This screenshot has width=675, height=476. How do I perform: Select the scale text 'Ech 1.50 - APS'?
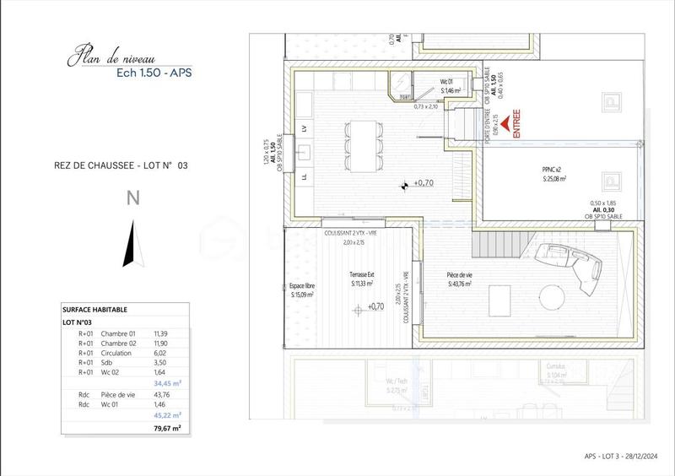click(x=154, y=73)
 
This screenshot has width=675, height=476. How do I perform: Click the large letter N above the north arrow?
click(x=132, y=199)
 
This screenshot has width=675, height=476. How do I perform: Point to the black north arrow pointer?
click(x=130, y=244)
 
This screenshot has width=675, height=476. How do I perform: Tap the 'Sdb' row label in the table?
click(x=108, y=361)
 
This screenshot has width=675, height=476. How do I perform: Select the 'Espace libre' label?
click(x=302, y=286)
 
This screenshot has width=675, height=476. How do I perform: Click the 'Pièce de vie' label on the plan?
click(x=460, y=275)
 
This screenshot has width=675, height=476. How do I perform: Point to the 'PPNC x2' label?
click(x=553, y=169)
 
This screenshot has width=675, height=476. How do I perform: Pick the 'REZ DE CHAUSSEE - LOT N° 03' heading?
click(x=115, y=166)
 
